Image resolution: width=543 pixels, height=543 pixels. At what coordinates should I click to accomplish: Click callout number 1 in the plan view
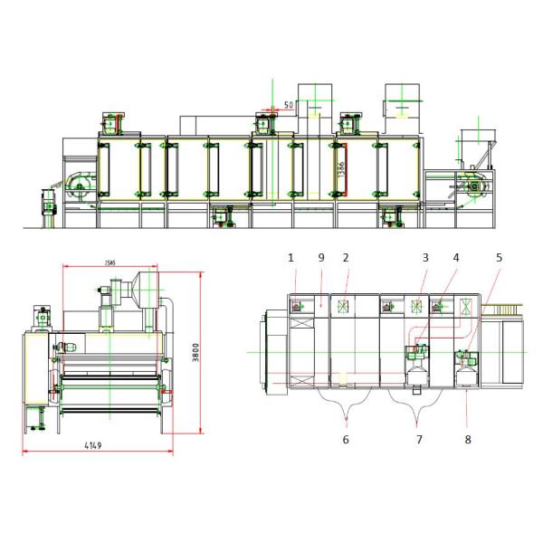pyautogui.click(x=291, y=258)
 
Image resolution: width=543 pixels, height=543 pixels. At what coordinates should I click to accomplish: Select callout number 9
pyautogui.click(x=320, y=258)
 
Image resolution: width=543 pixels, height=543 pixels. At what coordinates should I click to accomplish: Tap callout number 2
pyautogui.click(x=346, y=258)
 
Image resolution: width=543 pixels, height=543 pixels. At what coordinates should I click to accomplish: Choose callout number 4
pyautogui.click(x=456, y=258)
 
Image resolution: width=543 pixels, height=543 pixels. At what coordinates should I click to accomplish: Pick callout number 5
pyautogui.click(x=497, y=258)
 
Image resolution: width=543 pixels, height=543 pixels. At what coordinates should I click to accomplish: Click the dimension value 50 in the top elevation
pyautogui.click(x=288, y=105)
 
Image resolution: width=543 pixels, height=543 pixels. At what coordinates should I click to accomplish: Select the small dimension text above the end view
pyautogui.click(x=110, y=263)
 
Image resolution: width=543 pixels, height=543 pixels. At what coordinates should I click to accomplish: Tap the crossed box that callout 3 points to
pyautogui.click(x=416, y=306)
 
